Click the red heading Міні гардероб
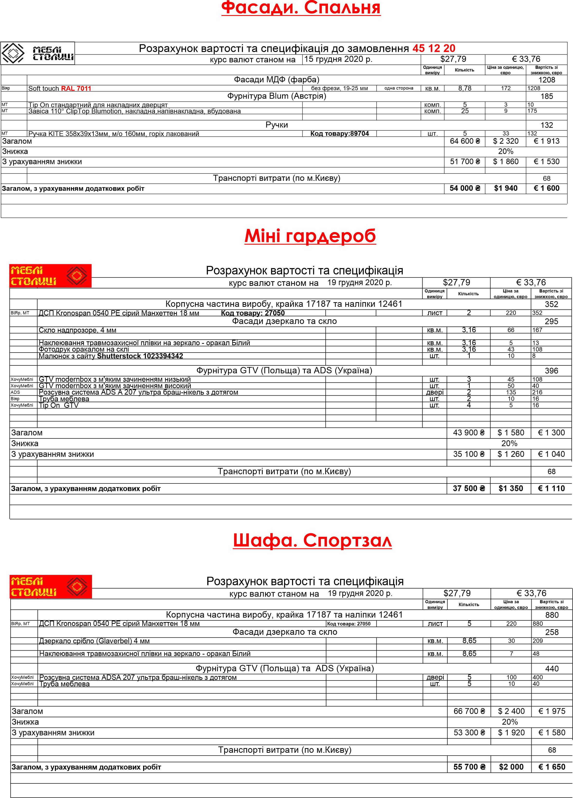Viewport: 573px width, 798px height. (x=310, y=236)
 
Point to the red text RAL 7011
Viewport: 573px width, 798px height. (x=76, y=88)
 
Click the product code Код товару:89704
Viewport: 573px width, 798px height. (x=339, y=134)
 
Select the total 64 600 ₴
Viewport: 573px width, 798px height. (x=465, y=141)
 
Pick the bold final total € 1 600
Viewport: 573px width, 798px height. (x=546, y=188)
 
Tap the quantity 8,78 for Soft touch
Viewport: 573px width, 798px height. (x=465, y=88)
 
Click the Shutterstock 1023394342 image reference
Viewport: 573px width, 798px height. (x=140, y=356)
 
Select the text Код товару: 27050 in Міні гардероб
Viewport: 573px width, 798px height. (x=253, y=313)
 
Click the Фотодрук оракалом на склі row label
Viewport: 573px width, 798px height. (x=84, y=349)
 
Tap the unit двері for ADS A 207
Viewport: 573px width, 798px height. (x=435, y=392)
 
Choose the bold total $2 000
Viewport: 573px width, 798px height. (x=511, y=767)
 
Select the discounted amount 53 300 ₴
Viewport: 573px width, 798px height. (x=469, y=733)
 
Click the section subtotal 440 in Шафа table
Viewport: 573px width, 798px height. (x=552, y=669)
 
